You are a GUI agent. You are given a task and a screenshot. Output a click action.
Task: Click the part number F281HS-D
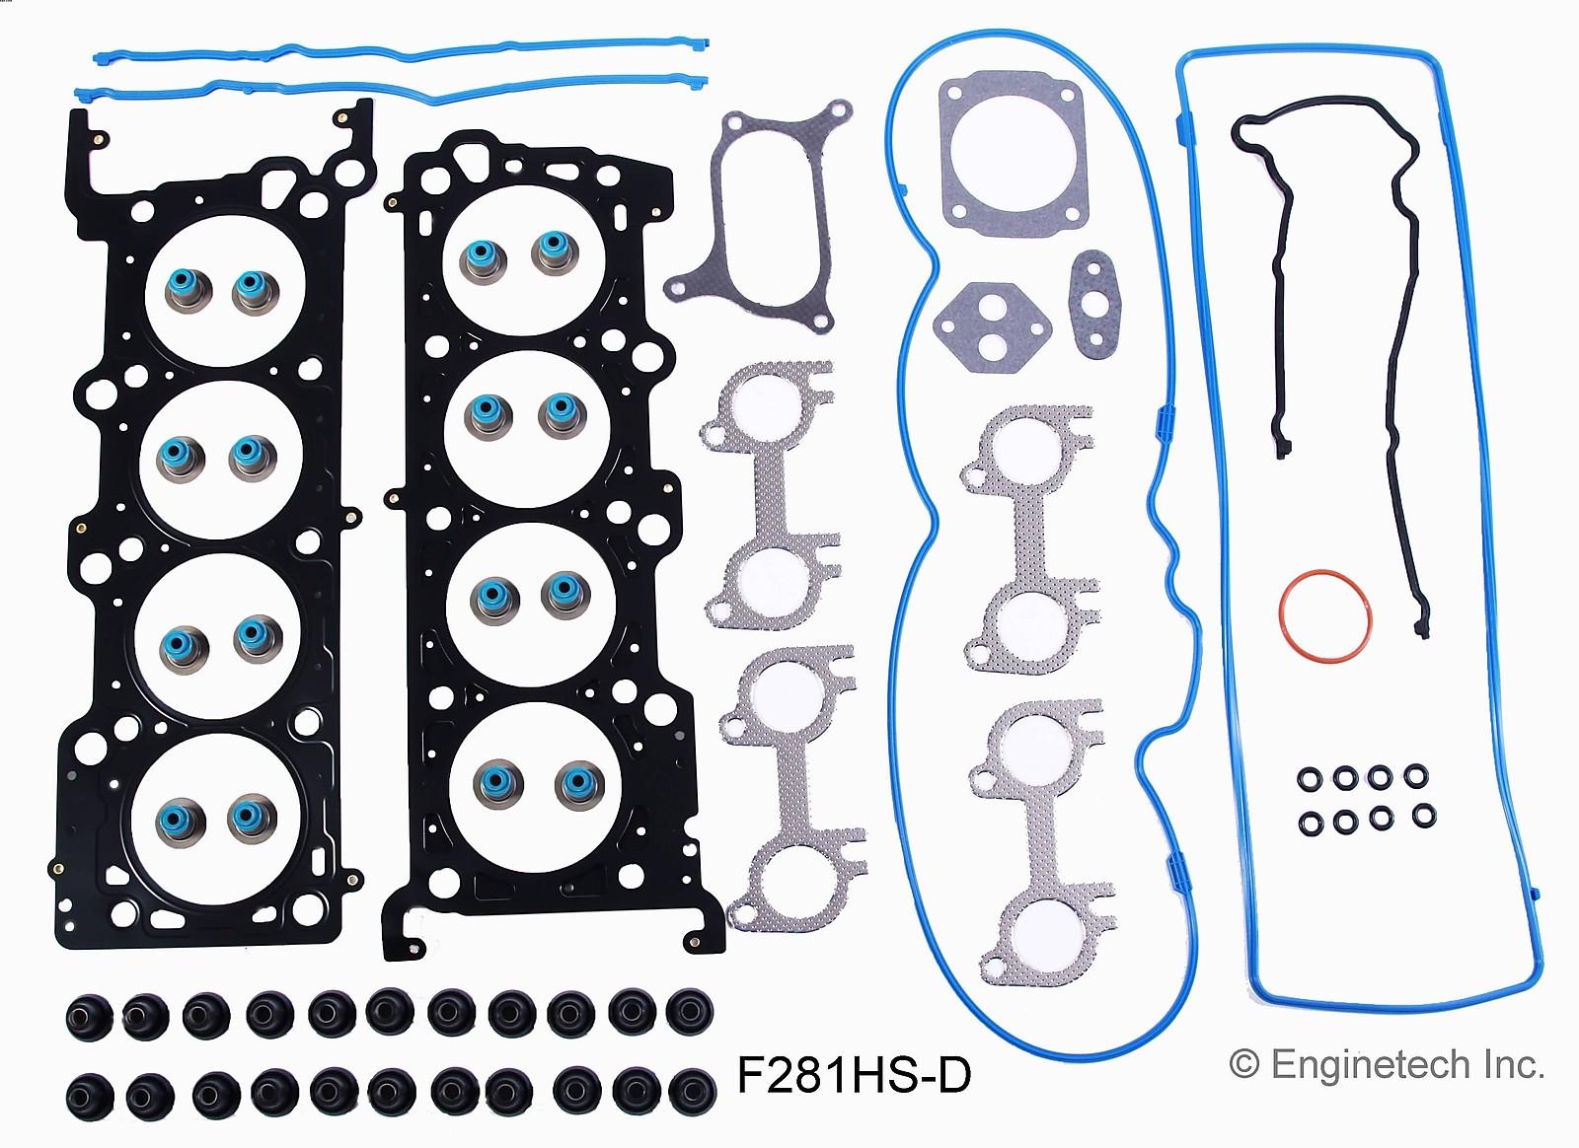854,1075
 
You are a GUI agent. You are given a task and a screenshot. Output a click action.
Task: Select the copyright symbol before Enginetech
1244,1065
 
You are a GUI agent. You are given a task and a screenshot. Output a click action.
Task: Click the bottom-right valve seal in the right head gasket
578,784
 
